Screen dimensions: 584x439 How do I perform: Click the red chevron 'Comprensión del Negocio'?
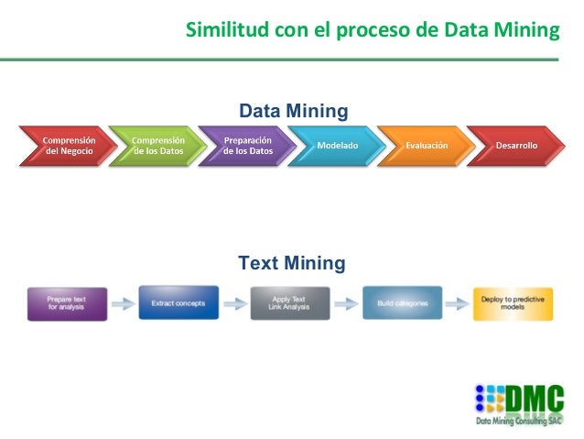[x=66, y=146]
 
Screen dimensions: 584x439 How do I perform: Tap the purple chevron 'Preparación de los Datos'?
[x=247, y=146]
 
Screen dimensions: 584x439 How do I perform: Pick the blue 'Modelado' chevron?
[x=336, y=146]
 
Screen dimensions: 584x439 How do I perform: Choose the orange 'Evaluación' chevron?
[x=426, y=146]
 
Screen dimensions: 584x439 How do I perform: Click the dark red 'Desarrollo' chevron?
[x=515, y=146]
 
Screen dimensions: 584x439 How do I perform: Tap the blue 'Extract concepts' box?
[x=178, y=302]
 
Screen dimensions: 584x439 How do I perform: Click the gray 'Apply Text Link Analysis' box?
[x=290, y=302]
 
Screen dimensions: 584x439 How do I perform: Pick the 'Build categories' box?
[x=402, y=302]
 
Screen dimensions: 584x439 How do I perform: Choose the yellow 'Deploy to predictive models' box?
[x=513, y=302]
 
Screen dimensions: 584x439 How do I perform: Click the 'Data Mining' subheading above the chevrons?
[x=293, y=111]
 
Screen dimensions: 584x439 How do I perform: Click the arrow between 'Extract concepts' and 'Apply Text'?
[x=235, y=302]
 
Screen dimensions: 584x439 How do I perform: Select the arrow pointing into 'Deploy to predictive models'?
[x=458, y=302]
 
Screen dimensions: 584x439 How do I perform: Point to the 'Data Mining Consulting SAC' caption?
[x=520, y=423]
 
